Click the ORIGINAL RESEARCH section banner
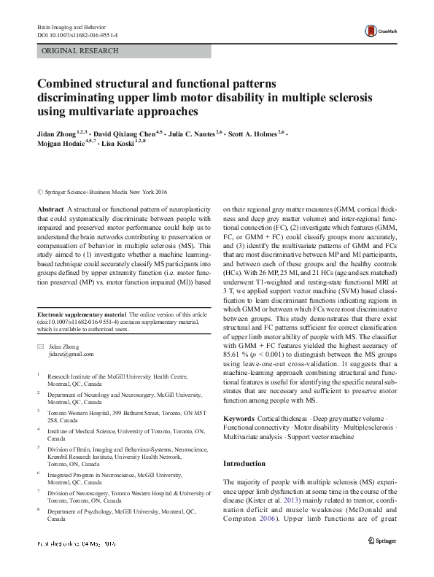coord(70,51)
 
